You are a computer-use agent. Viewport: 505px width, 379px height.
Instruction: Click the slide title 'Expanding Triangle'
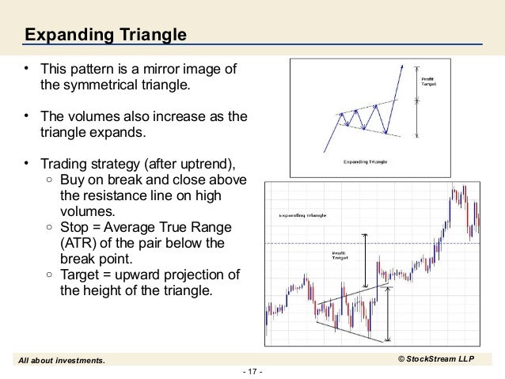tap(104, 35)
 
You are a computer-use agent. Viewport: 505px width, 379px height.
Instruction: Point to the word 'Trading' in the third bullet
tap(64, 165)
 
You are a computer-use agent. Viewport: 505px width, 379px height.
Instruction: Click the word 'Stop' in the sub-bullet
tap(74, 227)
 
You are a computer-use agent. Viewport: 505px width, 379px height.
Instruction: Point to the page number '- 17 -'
tap(252, 370)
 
